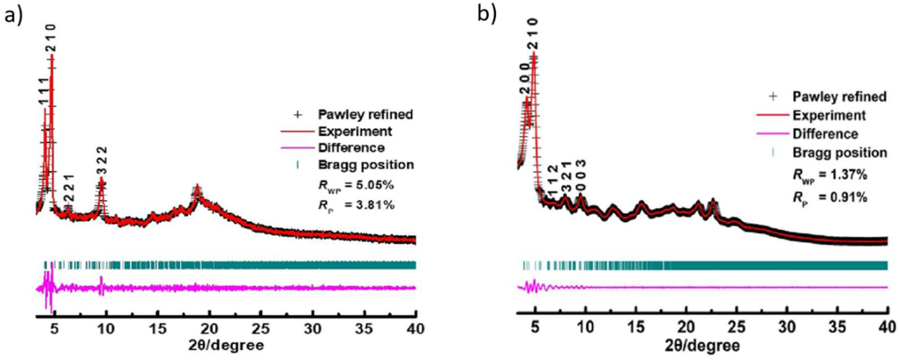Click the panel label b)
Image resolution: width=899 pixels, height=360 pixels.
click(x=486, y=15)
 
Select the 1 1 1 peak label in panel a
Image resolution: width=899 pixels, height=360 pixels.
click(x=43, y=92)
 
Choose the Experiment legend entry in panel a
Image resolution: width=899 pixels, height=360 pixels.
click(x=355, y=132)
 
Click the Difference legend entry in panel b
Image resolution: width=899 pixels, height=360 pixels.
click(x=825, y=134)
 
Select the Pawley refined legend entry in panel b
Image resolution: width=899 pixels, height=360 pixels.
click(x=839, y=96)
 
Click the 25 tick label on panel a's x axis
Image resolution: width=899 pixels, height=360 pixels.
click(x=261, y=329)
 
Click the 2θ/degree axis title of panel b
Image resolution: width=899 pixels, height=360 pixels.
click(x=705, y=346)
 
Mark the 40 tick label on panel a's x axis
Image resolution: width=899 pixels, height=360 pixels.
click(x=415, y=329)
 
